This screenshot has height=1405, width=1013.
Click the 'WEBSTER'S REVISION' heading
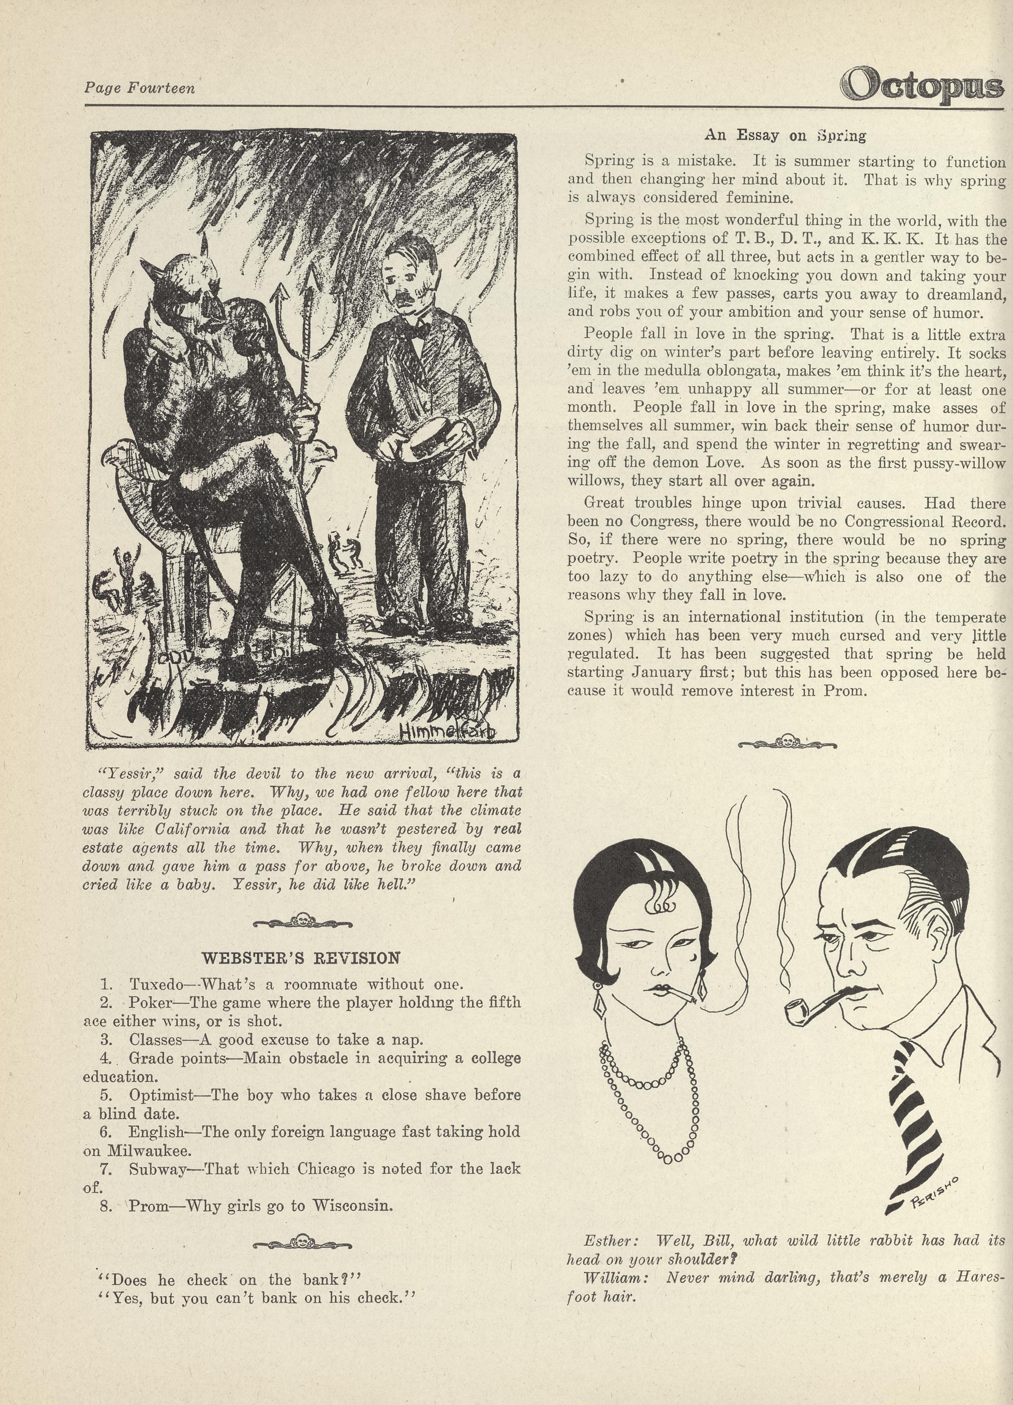(301, 958)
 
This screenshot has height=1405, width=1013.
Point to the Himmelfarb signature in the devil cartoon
(448, 732)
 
